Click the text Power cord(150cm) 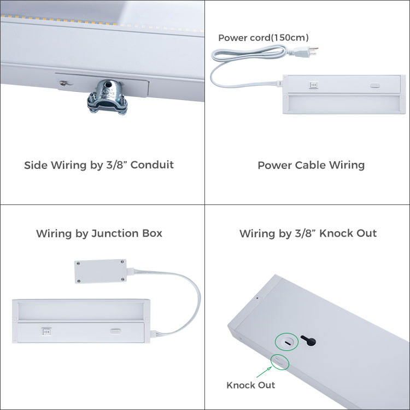[x=263, y=38]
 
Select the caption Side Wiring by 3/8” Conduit [x=99, y=165]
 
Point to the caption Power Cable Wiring [x=311, y=165]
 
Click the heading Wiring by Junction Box [x=99, y=233]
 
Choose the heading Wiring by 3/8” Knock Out [x=308, y=233]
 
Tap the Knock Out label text [x=251, y=385]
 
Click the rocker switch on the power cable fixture [x=314, y=85]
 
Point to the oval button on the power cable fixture [x=374, y=85]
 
